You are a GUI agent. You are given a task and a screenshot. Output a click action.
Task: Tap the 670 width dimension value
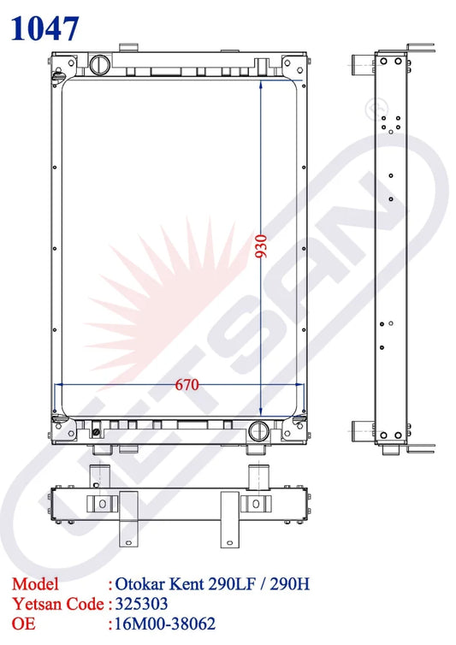pyautogui.click(x=187, y=384)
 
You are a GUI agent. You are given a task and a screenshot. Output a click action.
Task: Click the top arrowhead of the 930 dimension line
pyautogui.click(x=260, y=84)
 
